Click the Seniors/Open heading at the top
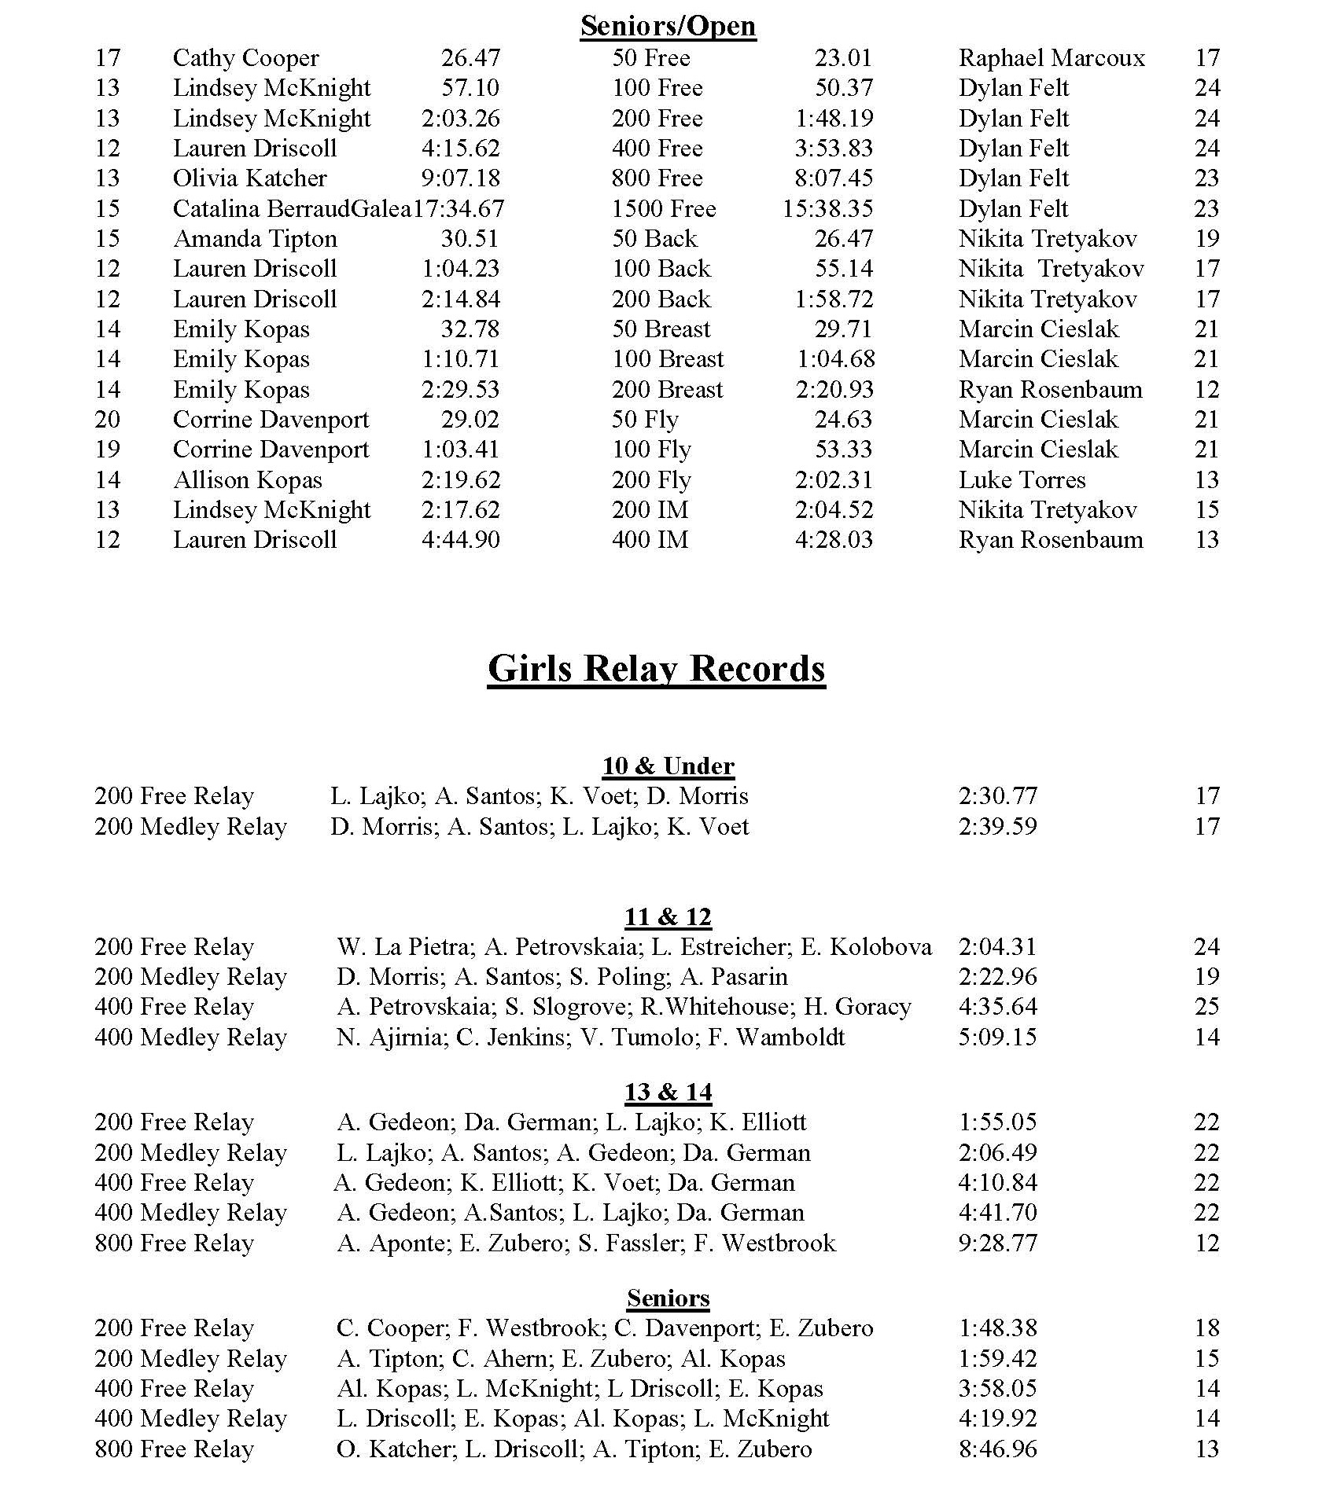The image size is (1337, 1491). pos(668,26)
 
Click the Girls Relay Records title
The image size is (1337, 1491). pos(656,669)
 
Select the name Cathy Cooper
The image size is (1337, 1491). pos(245,58)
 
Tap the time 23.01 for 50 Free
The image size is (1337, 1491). pos(843,58)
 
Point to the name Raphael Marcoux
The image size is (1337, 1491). pos(1052,58)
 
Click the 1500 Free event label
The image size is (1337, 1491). pos(664,209)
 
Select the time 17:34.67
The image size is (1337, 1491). pos(459,209)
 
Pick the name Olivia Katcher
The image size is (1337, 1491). pos(249,178)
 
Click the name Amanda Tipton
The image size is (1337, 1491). pos(255,239)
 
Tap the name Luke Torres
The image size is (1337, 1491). pos(1022,480)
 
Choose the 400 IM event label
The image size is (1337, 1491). pos(650,540)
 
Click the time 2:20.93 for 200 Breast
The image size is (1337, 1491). pos(834,390)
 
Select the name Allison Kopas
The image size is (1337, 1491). pos(247,480)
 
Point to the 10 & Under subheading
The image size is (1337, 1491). pos(668,766)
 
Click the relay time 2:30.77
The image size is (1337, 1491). pos(997,796)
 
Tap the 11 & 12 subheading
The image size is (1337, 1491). pos(668,917)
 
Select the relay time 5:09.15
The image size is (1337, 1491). pos(997,1037)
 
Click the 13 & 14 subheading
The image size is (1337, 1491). pos(668,1093)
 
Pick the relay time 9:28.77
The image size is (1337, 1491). pos(997,1243)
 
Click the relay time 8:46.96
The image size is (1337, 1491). pos(997,1449)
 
